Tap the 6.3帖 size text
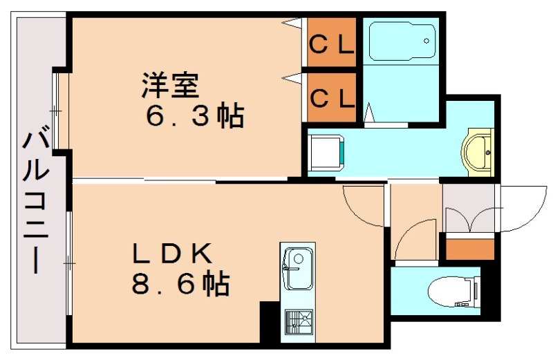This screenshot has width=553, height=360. pyautogui.click(x=194, y=115)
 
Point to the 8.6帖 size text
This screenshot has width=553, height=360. pyautogui.click(x=180, y=283)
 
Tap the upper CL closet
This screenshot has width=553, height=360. pyautogui.click(x=331, y=45)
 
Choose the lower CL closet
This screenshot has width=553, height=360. pyautogui.click(x=331, y=97)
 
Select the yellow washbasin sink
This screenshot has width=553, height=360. pyautogui.click(x=478, y=151)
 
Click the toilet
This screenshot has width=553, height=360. pyautogui.click(x=452, y=291)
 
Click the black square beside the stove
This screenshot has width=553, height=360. pyautogui.click(x=269, y=321)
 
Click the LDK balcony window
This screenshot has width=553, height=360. pyautogui.click(x=69, y=262)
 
